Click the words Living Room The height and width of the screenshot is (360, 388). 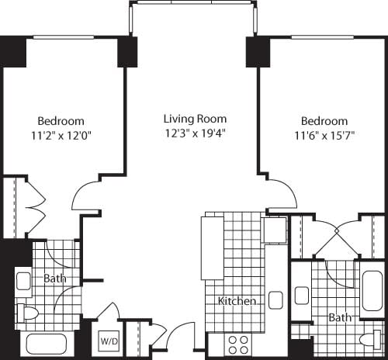[x=195, y=119]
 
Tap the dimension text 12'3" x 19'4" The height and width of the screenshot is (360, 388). [x=195, y=133]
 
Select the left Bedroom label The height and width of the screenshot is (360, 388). [x=61, y=121]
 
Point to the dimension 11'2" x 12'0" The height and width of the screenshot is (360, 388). [x=61, y=135]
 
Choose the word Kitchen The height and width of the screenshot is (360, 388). [x=237, y=301]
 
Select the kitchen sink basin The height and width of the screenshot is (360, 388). [x=275, y=300]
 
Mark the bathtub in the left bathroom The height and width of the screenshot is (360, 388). [x=48, y=344]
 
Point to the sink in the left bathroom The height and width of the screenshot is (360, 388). [x=23, y=282]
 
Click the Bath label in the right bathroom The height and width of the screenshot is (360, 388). [x=339, y=317]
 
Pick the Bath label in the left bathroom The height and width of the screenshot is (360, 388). [x=54, y=279]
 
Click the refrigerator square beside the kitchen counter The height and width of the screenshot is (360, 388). [x=274, y=230]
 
